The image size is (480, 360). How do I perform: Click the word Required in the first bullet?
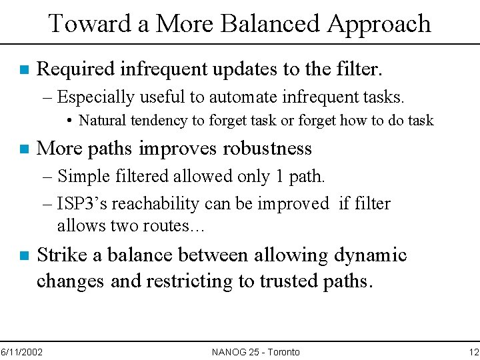[73, 68]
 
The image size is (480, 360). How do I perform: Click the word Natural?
[101, 121]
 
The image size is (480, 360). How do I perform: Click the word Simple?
[81, 177]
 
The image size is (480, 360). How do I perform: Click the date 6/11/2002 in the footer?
[21, 351]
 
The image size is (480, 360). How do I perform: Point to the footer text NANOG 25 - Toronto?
[255, 351]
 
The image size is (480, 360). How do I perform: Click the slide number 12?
[473, 351]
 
